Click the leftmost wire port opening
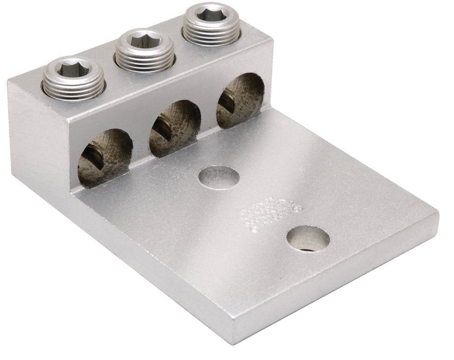point(104,157)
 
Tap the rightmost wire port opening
point(240,100)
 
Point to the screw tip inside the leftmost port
point(94,157)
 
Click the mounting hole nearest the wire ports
point(219,177)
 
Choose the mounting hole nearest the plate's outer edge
point(308,238)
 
